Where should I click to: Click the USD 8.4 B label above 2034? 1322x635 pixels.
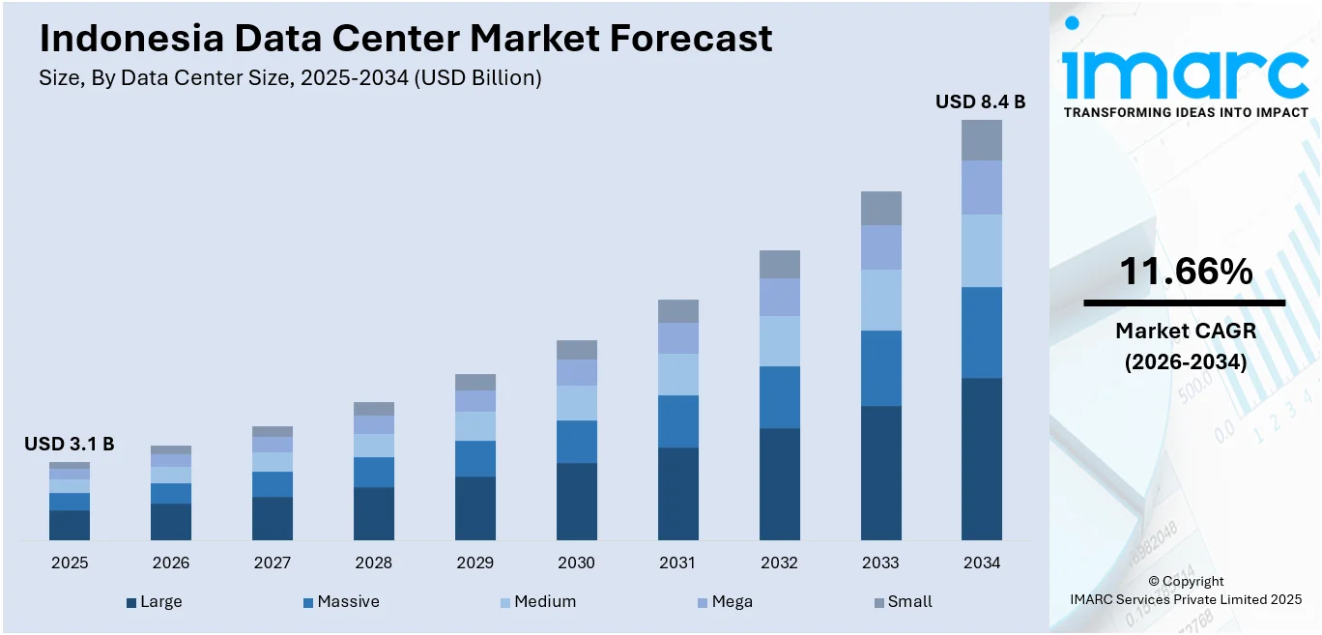pyautogui.click(x=980, y=101)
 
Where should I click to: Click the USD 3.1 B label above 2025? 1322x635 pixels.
pyautogui.click(x=69, y=444)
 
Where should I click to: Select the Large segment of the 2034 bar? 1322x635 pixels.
pyautogui.click(x=981, y=458)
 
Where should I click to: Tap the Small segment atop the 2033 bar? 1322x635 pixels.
pyautogui.click(x=880, y=208)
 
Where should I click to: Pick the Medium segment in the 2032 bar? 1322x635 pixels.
pyautogui.click(x=779, y=340)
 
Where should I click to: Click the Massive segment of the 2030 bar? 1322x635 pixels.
pyautogui.click(x=576, y=441)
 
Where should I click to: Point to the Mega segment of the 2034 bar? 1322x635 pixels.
pyautogui.click(x=981, y=187)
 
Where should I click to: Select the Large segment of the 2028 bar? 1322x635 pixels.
pyautogui.click(x=373, y=513)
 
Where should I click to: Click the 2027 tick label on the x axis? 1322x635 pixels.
pyautogui.click(x=272, y=563)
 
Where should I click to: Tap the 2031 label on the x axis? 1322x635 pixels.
pyautogui.click(x=677, y=563)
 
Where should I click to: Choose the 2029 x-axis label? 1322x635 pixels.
pyautogui.click(x=474, y=563)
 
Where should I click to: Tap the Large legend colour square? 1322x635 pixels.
pyautogui.click(x=131, y=602)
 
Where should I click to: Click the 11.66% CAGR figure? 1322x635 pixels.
pyautogui.click(x=1185, y=272)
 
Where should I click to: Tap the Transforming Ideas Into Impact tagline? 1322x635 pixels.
pyautogui.click(x=1186, y=113)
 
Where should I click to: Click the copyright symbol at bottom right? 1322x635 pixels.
pyautogui.click(x=1155, y=581)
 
